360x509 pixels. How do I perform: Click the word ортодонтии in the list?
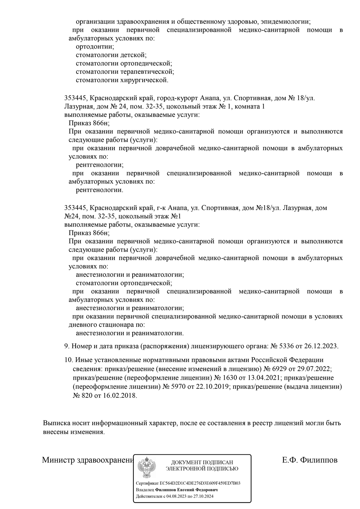pyautogui.click(x=95, y=47)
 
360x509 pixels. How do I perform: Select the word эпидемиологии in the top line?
pyautogui.click(x=285, y=22)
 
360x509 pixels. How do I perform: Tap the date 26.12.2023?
pyautogui.click(x=321, y=346)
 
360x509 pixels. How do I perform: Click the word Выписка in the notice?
pyautogui.click(x=56, y=423)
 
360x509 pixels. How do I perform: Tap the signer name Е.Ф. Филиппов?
pyautogui.click(x=310, y=460)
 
